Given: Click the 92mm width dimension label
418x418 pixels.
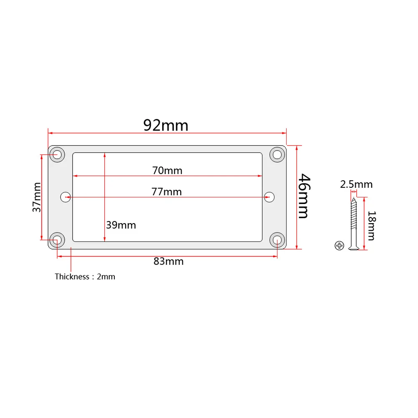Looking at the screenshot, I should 166,125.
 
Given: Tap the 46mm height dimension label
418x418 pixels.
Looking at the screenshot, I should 304,196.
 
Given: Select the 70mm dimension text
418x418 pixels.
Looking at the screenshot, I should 167,170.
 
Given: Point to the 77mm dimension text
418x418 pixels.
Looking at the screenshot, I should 167,191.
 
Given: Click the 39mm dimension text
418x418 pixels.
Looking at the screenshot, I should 121,225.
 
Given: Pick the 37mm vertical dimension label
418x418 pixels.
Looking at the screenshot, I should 37,197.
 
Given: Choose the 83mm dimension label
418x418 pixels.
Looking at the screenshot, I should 169,262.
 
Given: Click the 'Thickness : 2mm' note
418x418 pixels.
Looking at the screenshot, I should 85,277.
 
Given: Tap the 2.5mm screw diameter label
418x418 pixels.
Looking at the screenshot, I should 356,184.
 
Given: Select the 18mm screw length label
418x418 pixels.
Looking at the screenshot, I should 371,226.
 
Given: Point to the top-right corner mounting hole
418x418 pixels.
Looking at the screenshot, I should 277,154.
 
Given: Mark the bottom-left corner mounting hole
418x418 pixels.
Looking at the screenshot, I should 57,240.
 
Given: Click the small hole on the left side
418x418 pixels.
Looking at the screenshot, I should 66,196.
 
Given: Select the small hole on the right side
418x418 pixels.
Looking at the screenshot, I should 269,196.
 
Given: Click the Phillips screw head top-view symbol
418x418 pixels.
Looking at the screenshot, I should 339,246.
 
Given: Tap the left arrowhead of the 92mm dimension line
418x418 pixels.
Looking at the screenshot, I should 50,133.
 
